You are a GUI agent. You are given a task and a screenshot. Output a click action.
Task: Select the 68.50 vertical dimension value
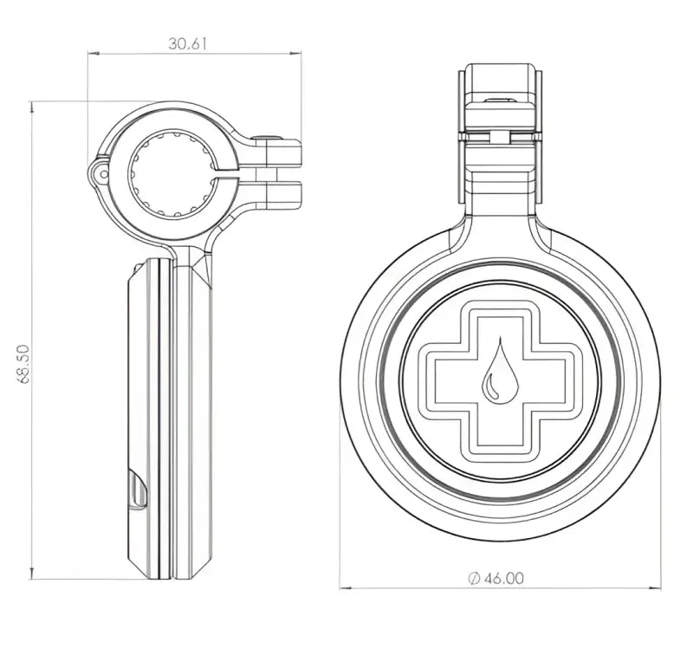click(23, 363)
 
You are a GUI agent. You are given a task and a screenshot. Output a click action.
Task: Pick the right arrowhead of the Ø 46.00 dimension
click(654, 587)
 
